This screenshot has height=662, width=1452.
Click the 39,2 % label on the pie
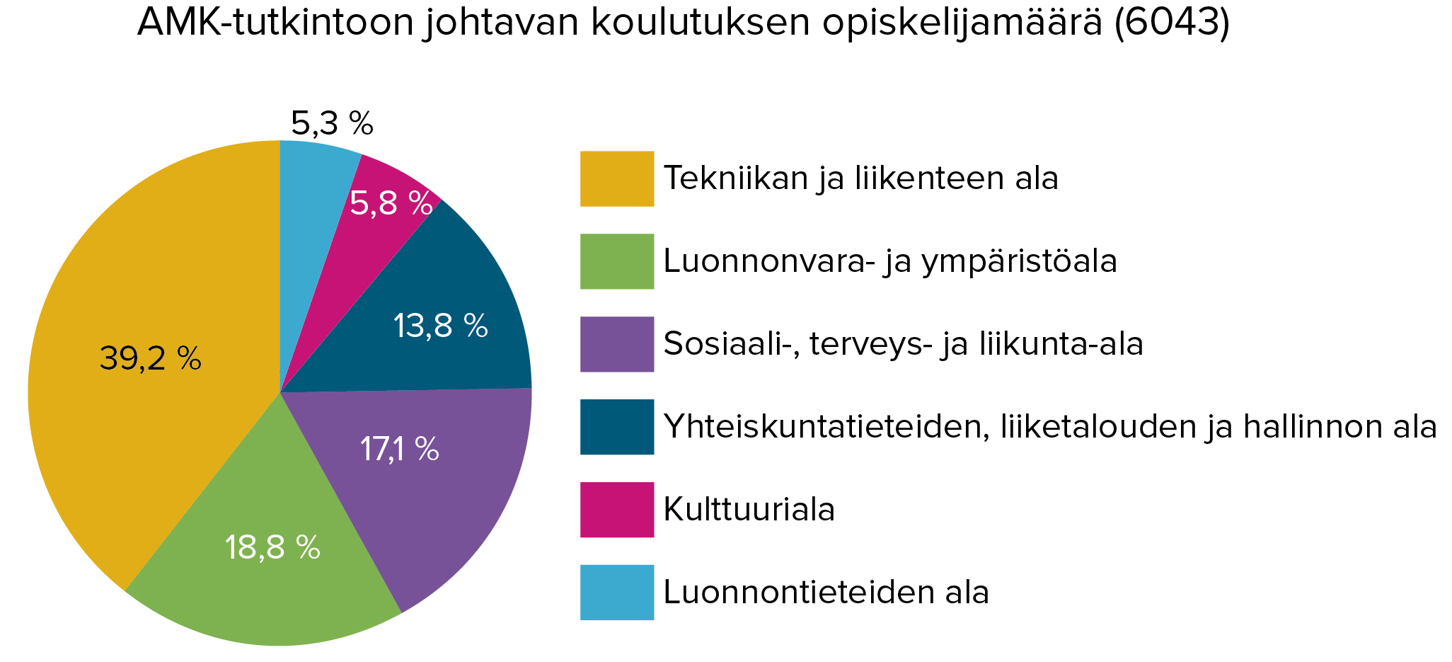click(150, 358)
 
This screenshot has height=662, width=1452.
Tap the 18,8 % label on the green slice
click(272, 547)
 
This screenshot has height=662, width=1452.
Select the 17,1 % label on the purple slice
click(399, 449)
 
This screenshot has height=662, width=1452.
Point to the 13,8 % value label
click(440, 326)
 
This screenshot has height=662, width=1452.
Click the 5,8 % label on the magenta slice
click(391, 204)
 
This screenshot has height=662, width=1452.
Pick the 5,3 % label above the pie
click(332, 124)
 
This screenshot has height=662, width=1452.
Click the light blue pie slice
click(311, 177)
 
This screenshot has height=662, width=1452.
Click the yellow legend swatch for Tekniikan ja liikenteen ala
click(616, 178)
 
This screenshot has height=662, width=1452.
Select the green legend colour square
click(616, 261)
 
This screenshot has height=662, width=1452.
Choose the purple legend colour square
click(616, 344)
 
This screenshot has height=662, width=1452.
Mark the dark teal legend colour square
click(616, 427)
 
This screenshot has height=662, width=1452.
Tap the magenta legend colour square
click(616, 510)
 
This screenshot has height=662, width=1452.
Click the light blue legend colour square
click(616, 593)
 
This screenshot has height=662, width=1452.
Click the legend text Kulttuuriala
click(749, 510)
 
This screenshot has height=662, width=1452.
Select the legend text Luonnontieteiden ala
click(826, 593)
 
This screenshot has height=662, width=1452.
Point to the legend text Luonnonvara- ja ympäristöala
click(890, 261)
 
